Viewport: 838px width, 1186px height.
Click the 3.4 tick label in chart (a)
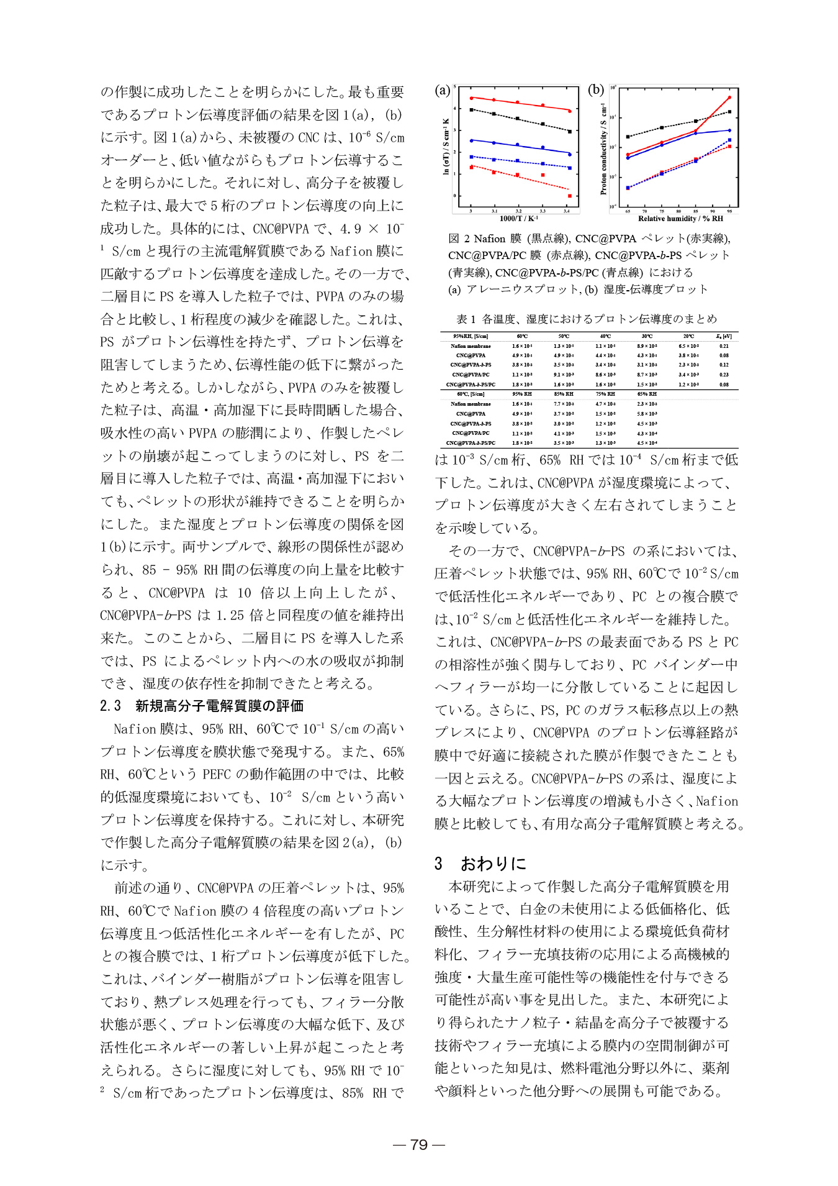point(566,211)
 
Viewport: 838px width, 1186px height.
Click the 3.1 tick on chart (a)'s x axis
point(494,211)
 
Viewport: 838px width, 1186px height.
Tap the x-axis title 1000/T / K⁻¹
point(518,219)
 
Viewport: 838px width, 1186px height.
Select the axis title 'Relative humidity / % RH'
point(680,219)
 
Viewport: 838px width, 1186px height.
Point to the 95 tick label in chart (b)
point(729,211)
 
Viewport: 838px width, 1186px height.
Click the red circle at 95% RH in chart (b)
point(729,98)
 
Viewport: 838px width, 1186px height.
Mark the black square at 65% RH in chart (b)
point(628,137)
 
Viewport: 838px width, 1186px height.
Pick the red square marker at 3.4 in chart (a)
point(569,196)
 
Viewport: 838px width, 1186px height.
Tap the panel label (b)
point(595,90)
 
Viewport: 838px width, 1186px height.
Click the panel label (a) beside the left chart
point(442,91)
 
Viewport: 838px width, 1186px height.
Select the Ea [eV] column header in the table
point(724,336)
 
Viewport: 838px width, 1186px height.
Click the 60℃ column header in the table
point(522,336)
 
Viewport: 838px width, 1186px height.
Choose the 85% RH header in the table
point(564,394)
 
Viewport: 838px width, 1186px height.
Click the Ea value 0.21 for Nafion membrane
point(724,346)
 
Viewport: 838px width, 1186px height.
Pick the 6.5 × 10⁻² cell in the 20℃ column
point(688,346)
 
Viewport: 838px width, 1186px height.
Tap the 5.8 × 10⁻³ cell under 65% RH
point(647,414)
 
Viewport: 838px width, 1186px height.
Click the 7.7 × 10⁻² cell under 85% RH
point(564,404)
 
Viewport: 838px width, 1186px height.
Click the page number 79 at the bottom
point(419,1144)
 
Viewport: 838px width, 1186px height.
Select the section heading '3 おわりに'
point(480,864)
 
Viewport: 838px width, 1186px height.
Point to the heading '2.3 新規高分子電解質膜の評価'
point(202,706)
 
